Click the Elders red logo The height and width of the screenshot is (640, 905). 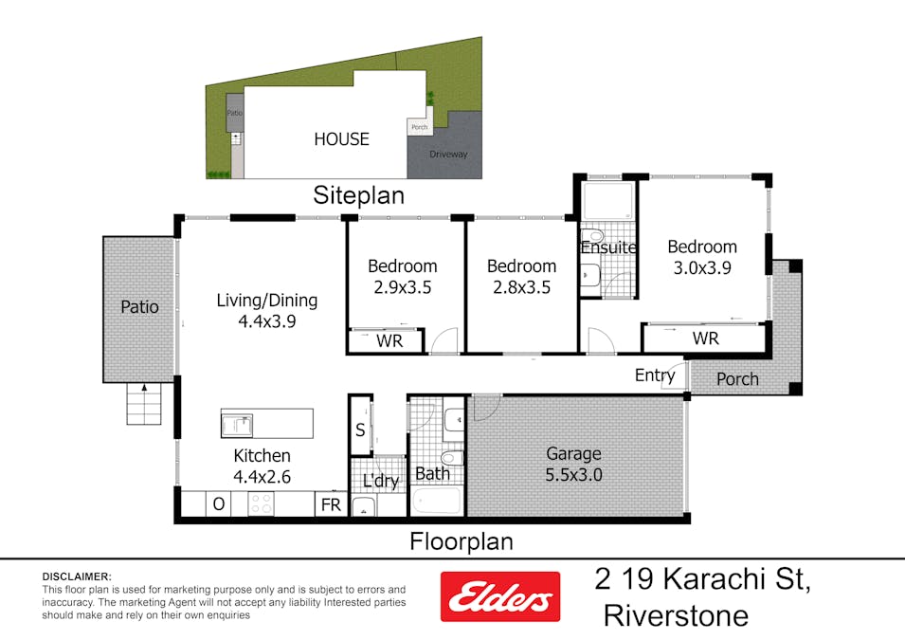[x=498, y=596]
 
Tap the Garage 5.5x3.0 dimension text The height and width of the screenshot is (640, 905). [x=573, y=475]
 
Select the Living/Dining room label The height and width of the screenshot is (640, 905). [x=266, y=301]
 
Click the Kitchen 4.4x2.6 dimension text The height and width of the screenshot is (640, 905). [x=262, y=477]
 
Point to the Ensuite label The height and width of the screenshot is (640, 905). [x=608, y=248]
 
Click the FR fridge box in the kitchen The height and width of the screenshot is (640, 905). [x=331, y=505]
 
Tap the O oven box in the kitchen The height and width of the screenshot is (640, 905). [x=218, y=505]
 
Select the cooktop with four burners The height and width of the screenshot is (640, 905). [x=261, y=505]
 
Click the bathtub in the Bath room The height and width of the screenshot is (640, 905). [x=437, y=502]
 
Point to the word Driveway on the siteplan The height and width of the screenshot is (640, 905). [x=448, y=155]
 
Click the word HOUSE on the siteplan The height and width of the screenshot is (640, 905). [x=341, y=139]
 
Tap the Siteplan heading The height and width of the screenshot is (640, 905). [x=359, y=196]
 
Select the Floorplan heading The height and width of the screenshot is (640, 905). [x=461, y=542]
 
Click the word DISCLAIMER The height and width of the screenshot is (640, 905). [x=77, y=576]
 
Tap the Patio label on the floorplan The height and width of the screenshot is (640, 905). [x=139, y=307]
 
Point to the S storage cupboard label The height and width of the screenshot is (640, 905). [x=360, y=429]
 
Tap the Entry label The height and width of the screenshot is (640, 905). [x=655, y=376]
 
